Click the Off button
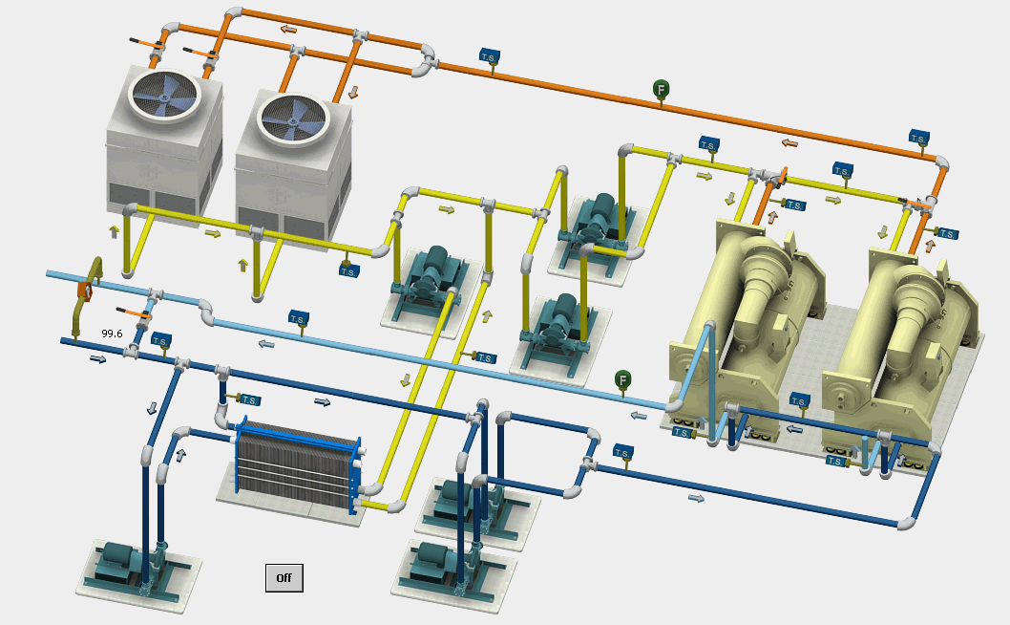click(284, 578)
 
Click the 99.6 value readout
click(112, 334)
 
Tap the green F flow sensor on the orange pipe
click(661, 89)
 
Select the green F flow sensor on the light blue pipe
click(622, 379)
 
